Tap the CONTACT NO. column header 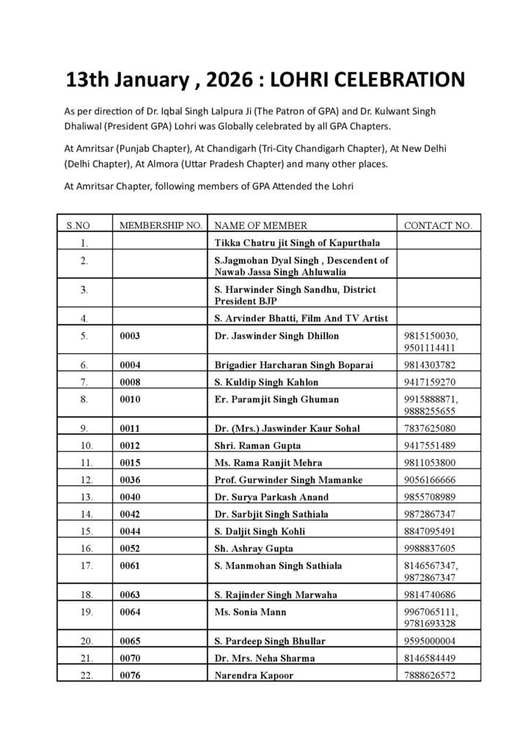pos(438,225)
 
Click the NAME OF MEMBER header pos(260,225)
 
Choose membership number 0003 pos(130,336)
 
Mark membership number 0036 pos(130,480)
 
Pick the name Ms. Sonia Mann pos(250,612)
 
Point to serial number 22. pos(86,675)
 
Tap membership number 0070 pos(130,658)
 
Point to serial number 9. pos(86,428)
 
